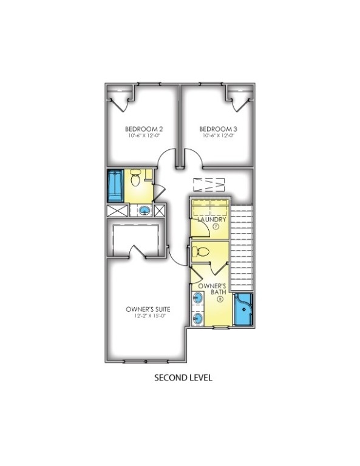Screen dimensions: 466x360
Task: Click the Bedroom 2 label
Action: click(x=143, y=129)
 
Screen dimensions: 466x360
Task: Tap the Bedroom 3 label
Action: click(x=217, y=129)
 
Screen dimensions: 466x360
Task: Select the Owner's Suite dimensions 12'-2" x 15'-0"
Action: click(x=146, y=316)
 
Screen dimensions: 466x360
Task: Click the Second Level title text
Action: click(x=182, y=377)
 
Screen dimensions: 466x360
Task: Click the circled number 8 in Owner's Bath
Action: click(x=219, y=300)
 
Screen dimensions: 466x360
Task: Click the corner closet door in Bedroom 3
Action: click(x=239, y=101)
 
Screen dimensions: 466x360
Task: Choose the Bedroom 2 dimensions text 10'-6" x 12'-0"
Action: click(x=143, y=136)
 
